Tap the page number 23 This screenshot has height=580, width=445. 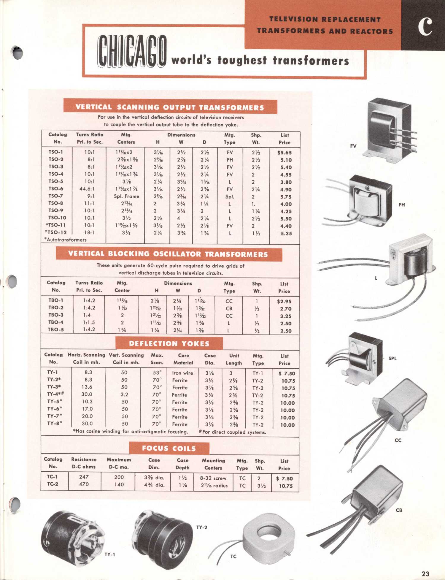coord(425,573)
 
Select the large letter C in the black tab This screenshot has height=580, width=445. coord(425,26)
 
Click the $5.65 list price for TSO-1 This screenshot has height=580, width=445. coord(285,153)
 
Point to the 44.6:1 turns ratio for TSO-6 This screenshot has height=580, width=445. coord(87,189)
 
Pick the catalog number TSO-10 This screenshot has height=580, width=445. coord(57,218)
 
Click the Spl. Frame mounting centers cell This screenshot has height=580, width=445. coord(126,196)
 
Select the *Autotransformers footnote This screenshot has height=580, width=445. coord(66,240)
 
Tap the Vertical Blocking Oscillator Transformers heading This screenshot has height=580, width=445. coord(168,254)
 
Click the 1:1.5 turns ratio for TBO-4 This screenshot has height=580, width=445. coord(89,322)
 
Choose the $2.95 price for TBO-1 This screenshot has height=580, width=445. coord(284,301)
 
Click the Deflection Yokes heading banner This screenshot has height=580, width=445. coord(169,344)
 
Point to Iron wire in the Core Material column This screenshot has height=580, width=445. coord(182,373)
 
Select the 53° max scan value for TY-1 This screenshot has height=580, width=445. coord(157,373)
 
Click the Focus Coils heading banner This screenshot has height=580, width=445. coord(169,448)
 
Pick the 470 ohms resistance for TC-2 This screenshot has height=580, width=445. coord(84,484)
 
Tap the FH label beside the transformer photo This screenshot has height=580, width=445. coord(401,205)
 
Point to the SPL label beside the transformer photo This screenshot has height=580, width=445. coord(392,358)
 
